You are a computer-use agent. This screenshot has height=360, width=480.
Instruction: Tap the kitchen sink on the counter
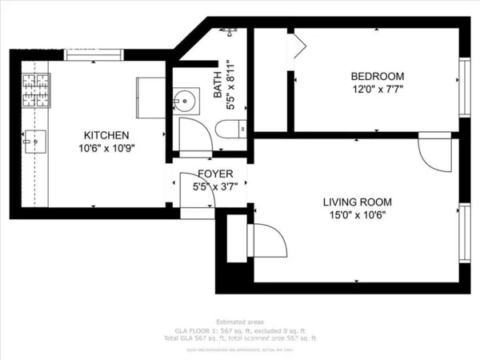31,143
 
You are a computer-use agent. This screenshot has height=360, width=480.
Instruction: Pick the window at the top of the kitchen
94,54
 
